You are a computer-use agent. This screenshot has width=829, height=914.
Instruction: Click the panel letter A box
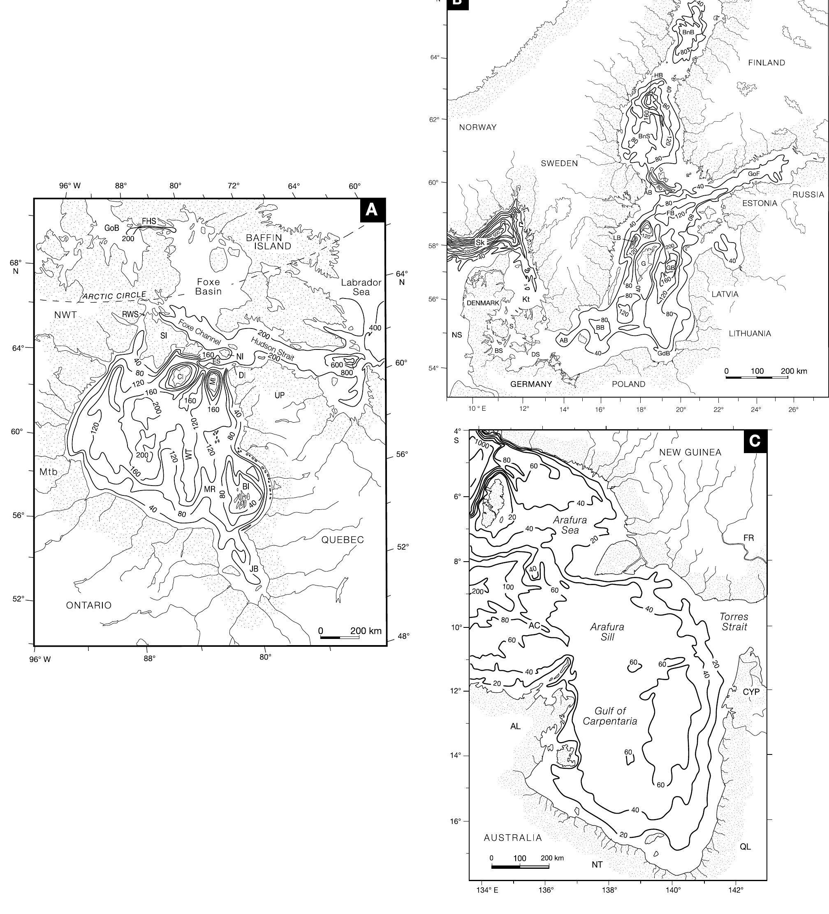coord(372,210)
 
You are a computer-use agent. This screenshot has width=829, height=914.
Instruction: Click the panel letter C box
coord(755,441)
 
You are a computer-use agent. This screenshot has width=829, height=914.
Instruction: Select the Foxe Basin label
coord(208,286)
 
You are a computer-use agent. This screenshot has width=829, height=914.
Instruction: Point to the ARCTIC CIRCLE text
coord(114,296)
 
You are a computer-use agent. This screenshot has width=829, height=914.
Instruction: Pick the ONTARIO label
coord(89,605)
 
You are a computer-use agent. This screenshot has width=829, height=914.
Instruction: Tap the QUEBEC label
coord(343,539)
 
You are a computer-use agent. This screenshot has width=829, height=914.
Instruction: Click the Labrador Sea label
coord(361,287)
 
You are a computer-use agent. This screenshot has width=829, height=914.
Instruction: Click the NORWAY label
coord(477,127)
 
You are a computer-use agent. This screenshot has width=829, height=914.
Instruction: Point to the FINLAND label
coord(766,62)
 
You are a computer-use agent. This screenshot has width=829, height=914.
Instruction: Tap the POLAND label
coord(629,384)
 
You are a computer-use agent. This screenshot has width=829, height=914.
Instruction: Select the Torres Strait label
coord(734,622)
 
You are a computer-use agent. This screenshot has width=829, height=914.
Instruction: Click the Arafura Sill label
coord(607,632)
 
